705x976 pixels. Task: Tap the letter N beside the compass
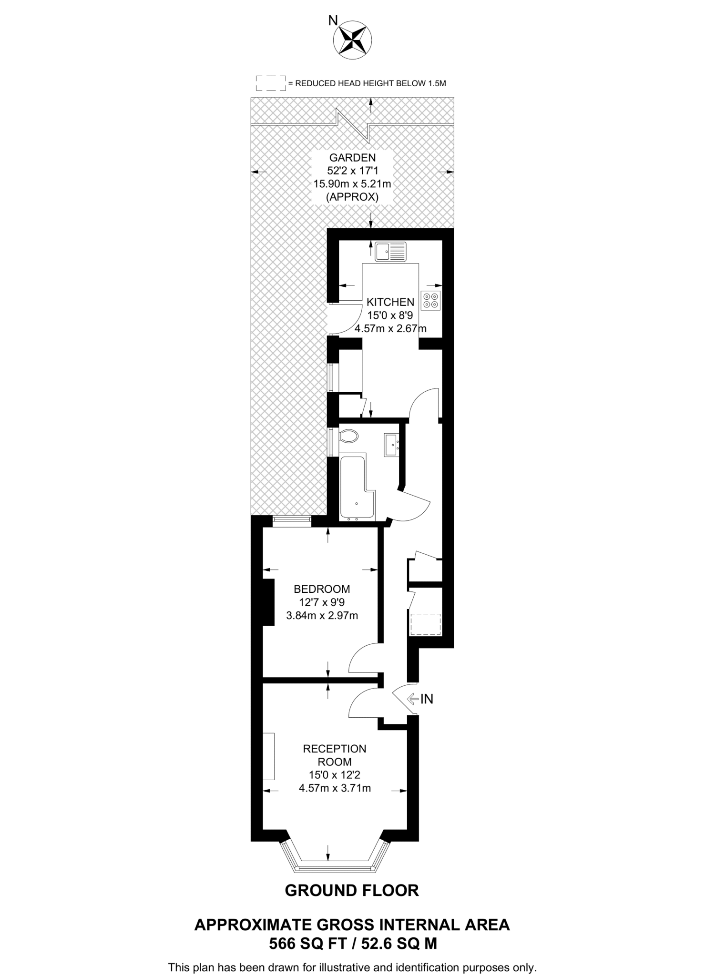[x=333, y=20]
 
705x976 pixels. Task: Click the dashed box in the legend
[x=271, y=83]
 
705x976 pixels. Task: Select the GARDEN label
[x=352, y=157]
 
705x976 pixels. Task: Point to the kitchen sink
[x=390, y=252]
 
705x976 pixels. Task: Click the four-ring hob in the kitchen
[x=431, y=300]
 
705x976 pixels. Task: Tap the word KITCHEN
[x=390, y=302]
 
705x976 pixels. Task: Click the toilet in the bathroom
[x=349, y=436]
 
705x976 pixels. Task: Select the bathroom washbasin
[x=391, y=445]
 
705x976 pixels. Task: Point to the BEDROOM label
[x=322, y=589]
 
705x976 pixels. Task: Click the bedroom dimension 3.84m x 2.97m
[x=322, y=616]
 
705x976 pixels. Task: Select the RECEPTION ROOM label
[x=335, y=755]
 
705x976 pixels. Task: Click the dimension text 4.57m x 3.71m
[x=335, y=788]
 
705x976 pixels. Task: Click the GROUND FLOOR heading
[x=352, y=890]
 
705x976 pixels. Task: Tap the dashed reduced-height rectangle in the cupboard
[x=425, y=624]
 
